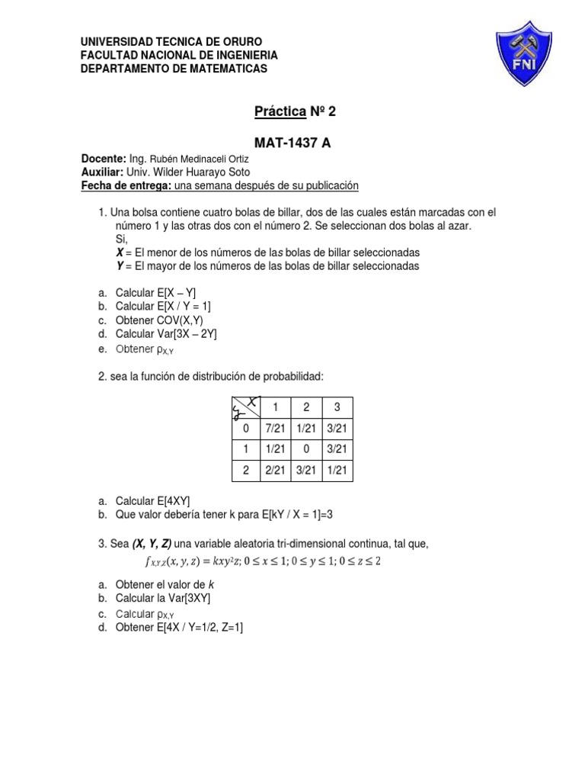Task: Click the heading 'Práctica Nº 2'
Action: tap(294, 112)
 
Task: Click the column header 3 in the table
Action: tap(337, 407)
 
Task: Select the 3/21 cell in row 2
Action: tap(305, 471)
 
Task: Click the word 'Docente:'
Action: tap(104, 159)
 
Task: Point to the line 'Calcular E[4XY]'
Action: tap(152, 501)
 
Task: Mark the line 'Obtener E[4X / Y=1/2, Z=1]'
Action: tap(178, 627)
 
